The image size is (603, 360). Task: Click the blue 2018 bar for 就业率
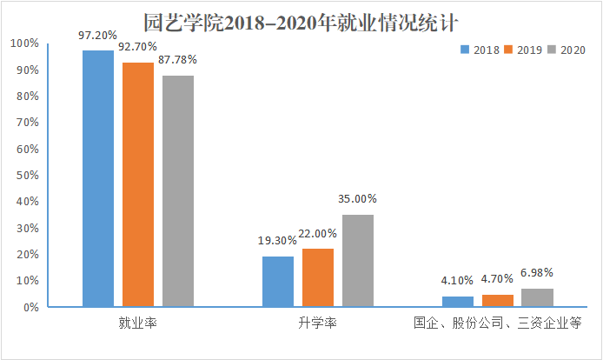click(x=98, y=178)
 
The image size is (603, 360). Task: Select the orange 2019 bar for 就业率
click(x=138, y=184)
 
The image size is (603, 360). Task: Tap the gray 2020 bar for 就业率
click(x=178, y=191)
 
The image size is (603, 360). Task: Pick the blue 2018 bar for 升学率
click(x=278, y=282)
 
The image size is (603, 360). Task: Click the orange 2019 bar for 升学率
click(x=318, y=278)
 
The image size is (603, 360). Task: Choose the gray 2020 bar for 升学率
click(x=358, y=261)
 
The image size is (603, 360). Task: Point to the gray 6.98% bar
click(x=537, y=297)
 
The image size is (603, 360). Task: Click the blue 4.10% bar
click(x=457, y=302)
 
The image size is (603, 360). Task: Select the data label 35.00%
click(x=357, y=199)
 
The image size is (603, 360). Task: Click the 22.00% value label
click(x=318, y=234)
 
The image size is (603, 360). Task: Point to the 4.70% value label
click(x=497, y=280)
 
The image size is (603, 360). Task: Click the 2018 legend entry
click(x=480, y=50)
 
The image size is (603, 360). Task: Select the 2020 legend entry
click(x=566, y=50)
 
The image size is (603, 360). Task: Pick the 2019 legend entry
click(x=523, y=50)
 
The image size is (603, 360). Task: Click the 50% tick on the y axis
click(x=24, y=175)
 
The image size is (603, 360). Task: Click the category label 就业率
click(x=138, y=323)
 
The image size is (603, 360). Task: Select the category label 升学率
click(x=318, y=323)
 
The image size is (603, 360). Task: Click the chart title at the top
click(x=301, y=19)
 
